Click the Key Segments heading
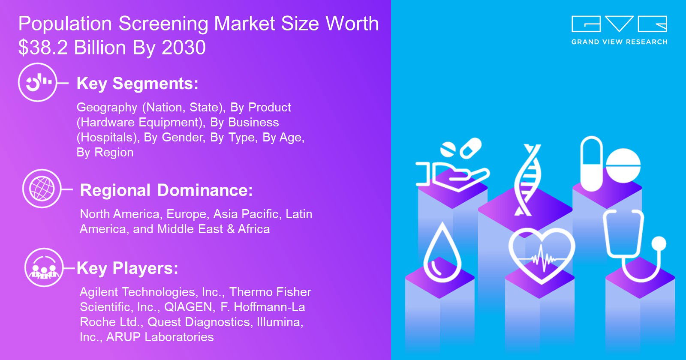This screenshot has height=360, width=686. pyautogui.click(x=138, y=84)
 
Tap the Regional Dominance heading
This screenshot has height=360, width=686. pyautogui.click(x=166, y=190)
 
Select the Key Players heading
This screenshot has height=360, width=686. pyautogui.click(x=127, y=268)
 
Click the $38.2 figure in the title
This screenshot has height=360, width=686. pyautogui.click(x=43, y=48)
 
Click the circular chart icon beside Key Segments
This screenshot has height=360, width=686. pyautogui.click(x=38, y=82)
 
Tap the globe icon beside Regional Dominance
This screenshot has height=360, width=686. pyautogui.click(x=42, y=189)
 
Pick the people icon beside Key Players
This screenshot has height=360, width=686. pyautogui.click(x=44, y=267)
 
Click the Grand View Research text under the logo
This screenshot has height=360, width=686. pyautogui.click(x=619, y=42)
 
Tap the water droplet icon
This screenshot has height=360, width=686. pyautogui.click(x=442, y=252)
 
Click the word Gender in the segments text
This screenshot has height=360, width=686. pyautogui.click(x=183, y=138)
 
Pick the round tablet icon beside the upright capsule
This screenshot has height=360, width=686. pyautogui.click(x=623, y=165)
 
